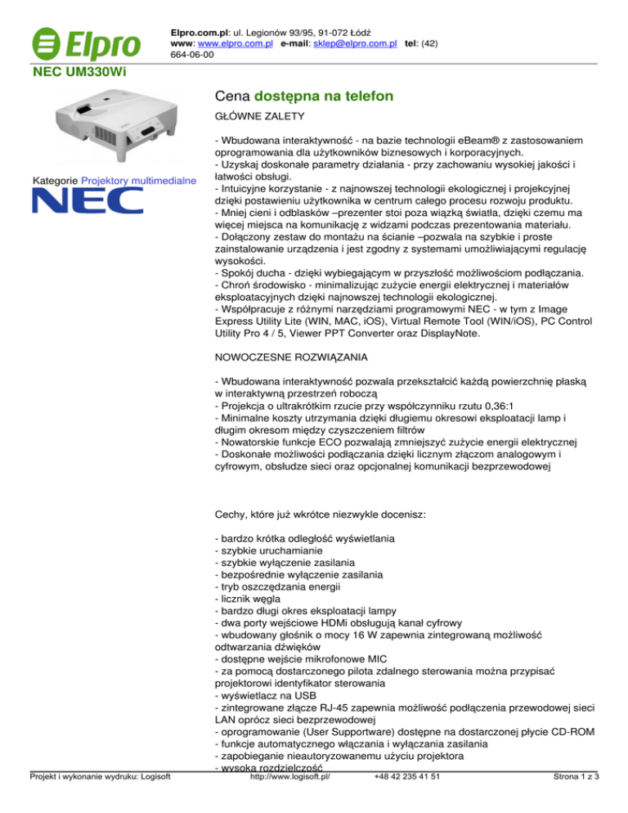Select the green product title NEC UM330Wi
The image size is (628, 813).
[80, 74]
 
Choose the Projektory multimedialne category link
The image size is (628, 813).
[139, 180]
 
